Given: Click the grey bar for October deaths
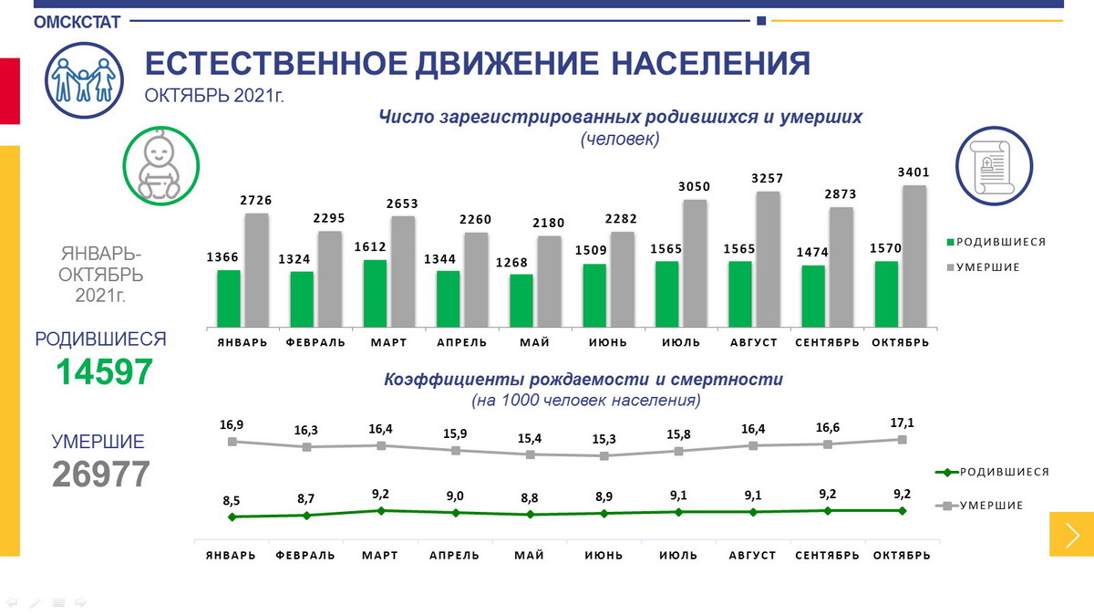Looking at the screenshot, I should point(913,256).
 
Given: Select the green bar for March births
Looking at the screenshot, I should point(375,294).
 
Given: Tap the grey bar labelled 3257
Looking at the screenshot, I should point(768,259).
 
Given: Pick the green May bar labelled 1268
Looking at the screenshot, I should point(521,300).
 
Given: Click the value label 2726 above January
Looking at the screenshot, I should point(256,200).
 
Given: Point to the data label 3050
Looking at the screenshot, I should point(694,186).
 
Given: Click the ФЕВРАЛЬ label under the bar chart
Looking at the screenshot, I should point(315,342).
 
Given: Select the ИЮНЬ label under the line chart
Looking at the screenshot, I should point(604,555).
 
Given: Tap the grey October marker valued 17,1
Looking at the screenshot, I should point(902,440).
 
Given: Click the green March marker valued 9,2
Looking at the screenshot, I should point(381,510).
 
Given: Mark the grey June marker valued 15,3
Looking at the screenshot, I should point(604,455).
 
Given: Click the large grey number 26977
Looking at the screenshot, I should point(100,475).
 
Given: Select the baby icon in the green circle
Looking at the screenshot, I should point(160,164).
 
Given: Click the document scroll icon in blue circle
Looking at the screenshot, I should point(993,165).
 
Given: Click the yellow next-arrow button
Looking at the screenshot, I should point(1071,533).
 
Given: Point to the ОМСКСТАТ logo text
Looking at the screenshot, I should point(77,23).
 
